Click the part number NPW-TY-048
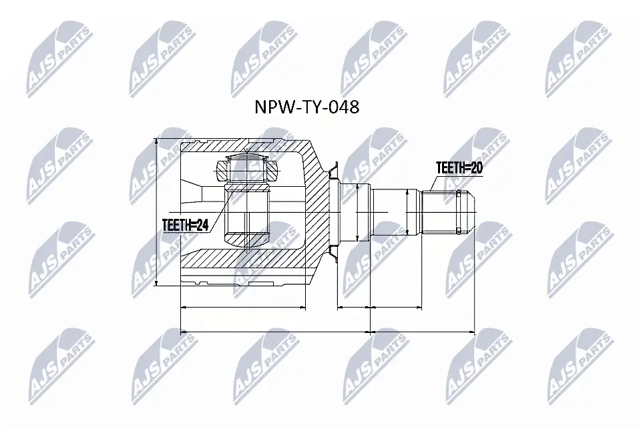click(308, 107)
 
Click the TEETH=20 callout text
click(459, 168)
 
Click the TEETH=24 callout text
click(185, 226)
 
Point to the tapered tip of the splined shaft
click(469, 211)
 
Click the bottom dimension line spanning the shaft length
click(422, 331)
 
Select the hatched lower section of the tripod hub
click(248, 238)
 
